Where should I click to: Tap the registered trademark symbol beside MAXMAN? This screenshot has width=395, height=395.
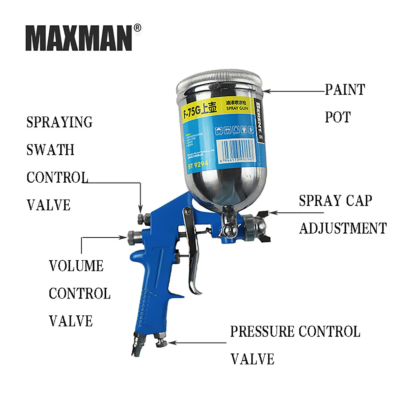tap(138, 28)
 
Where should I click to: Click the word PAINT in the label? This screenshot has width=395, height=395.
tap(345, 90)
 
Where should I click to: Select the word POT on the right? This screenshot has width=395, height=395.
tap(338, 117)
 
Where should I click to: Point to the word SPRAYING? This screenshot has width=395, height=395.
tap(59, 122)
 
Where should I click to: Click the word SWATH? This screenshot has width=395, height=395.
tap(50, 150)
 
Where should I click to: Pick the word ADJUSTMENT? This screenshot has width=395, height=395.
tap(343, 228)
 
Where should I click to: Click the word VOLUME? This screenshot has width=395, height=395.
tap(76, 266)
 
